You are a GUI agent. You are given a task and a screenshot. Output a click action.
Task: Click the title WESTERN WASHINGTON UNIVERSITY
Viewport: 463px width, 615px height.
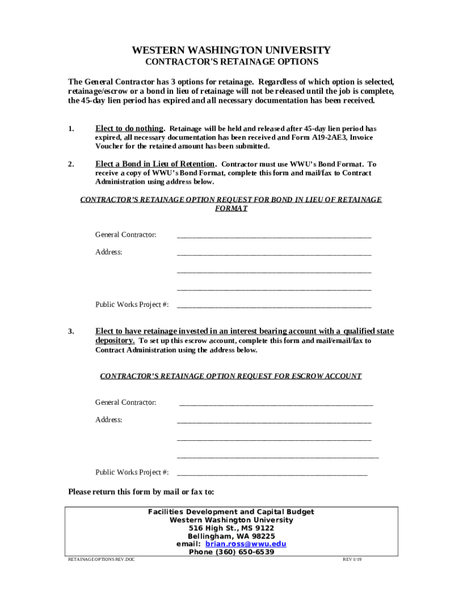231,50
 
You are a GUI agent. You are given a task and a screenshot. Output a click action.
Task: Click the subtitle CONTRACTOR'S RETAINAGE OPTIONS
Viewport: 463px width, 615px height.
231,62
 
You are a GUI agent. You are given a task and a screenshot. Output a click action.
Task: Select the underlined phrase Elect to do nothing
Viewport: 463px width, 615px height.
129,129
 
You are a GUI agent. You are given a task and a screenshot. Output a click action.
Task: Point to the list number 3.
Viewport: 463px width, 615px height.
71,331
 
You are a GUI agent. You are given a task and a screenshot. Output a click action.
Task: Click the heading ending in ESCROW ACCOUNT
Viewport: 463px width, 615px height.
231,376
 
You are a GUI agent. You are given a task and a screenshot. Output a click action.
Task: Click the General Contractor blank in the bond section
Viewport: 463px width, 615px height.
274,235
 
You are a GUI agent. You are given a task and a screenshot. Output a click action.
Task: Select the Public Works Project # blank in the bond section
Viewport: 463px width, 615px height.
274,305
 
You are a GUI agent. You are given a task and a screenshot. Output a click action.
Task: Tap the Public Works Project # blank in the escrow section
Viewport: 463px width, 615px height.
272,473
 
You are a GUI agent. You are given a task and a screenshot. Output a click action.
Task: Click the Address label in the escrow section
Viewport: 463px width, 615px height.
109,420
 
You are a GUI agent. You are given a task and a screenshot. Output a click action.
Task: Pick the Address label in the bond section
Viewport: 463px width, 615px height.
109,252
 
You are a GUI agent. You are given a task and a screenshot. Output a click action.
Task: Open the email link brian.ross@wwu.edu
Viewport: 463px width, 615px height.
246,544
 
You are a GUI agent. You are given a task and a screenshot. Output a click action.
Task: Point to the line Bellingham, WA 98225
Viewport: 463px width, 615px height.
231,536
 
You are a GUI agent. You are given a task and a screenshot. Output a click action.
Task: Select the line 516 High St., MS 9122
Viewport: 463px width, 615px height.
231,529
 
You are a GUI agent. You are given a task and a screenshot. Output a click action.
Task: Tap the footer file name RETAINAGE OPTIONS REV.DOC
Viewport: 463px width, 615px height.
101,560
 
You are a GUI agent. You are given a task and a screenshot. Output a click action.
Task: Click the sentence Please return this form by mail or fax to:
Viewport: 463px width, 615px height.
141,492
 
